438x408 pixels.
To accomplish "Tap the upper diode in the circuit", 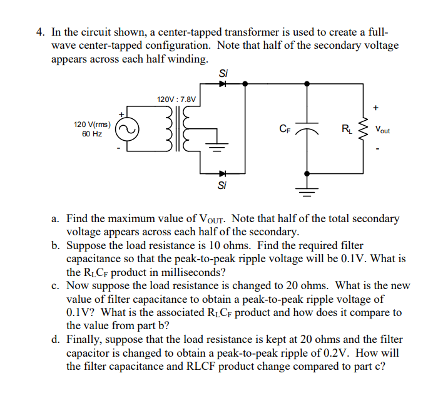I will click(222, 83).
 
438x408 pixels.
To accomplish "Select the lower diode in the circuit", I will click(222, 173).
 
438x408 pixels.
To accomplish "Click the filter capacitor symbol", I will click(307, 130).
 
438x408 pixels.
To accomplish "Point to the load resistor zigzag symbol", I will click(362, 130).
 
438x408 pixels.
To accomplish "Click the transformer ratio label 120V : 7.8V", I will click(176, 99).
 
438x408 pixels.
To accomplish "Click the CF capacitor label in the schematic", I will click(285, 130).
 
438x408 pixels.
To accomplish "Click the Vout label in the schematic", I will click(382, 130).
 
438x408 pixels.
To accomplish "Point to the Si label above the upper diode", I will click(222, 73).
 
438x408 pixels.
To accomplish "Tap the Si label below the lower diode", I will click(222, 185).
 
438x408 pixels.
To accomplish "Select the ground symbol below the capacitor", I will click(307, 190).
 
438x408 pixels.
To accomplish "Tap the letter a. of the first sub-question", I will click(56, 219).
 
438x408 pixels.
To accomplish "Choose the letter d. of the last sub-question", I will click(56, 340).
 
